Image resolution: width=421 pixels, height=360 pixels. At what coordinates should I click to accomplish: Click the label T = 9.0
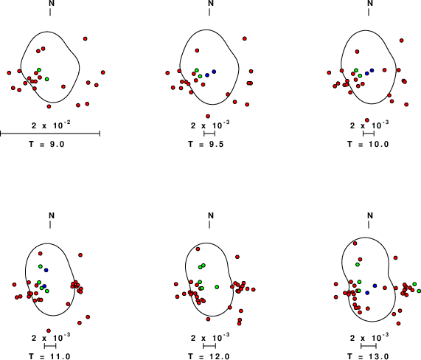46,145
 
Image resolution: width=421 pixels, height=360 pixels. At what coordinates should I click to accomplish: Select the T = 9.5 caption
206,145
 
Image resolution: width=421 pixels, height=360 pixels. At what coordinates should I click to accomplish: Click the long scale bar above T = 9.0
50,134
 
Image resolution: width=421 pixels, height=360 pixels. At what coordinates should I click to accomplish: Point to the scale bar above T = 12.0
209,346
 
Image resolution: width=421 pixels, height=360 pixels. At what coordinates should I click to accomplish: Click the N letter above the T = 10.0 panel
370,3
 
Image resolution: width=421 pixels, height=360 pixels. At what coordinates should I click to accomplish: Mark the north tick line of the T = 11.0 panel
50,225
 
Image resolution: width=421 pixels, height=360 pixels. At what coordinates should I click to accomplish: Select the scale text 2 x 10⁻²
51,125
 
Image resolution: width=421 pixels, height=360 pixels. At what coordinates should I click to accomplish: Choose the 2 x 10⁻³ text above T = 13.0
369,337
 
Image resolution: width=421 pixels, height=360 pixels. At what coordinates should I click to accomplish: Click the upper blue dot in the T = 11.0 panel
46,270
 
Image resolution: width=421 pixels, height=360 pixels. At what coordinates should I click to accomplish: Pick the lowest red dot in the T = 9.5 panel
208,117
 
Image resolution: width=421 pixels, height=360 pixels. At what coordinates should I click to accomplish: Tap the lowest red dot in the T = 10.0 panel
367,120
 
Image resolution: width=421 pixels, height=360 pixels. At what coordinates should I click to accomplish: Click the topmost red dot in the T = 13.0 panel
355,243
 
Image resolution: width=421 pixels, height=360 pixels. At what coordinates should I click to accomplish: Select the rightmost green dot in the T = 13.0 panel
419,291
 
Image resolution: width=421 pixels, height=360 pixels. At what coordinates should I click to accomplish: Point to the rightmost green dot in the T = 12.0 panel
217,287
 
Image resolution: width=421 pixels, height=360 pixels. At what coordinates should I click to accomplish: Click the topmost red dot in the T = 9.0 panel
86,38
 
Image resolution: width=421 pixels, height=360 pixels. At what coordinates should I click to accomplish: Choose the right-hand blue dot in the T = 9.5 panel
214,72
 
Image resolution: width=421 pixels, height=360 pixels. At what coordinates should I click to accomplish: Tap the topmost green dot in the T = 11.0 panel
41,266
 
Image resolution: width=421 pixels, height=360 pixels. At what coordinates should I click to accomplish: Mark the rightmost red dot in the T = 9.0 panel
102,72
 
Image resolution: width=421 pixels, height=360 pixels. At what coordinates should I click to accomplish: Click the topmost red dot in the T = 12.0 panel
198,249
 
